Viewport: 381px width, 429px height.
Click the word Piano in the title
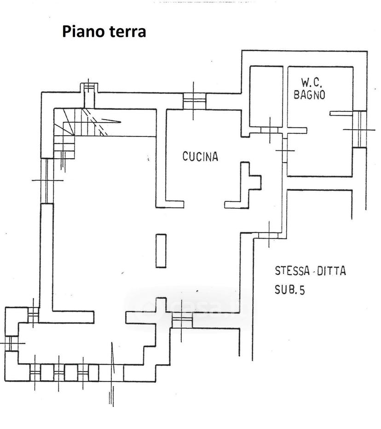(83, 32)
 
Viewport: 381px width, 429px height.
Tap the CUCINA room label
(200, 156)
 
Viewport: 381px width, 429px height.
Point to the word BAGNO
(310, 94)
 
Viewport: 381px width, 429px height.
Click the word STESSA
(292, 270)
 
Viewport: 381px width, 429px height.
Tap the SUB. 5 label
(289, 290)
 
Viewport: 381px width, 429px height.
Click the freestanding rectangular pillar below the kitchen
(161, 251)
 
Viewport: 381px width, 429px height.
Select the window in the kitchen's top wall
(194, 101)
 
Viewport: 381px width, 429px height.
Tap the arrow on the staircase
(111, 120)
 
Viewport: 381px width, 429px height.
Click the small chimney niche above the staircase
(89, 96)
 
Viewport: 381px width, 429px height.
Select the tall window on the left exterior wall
(47, 181)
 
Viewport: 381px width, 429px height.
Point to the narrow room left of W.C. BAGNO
(266, 97)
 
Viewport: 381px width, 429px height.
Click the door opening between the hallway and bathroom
(285, 150)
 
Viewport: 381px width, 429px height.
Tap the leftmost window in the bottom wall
(35, 372)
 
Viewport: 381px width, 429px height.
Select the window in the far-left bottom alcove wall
(11, 343)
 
